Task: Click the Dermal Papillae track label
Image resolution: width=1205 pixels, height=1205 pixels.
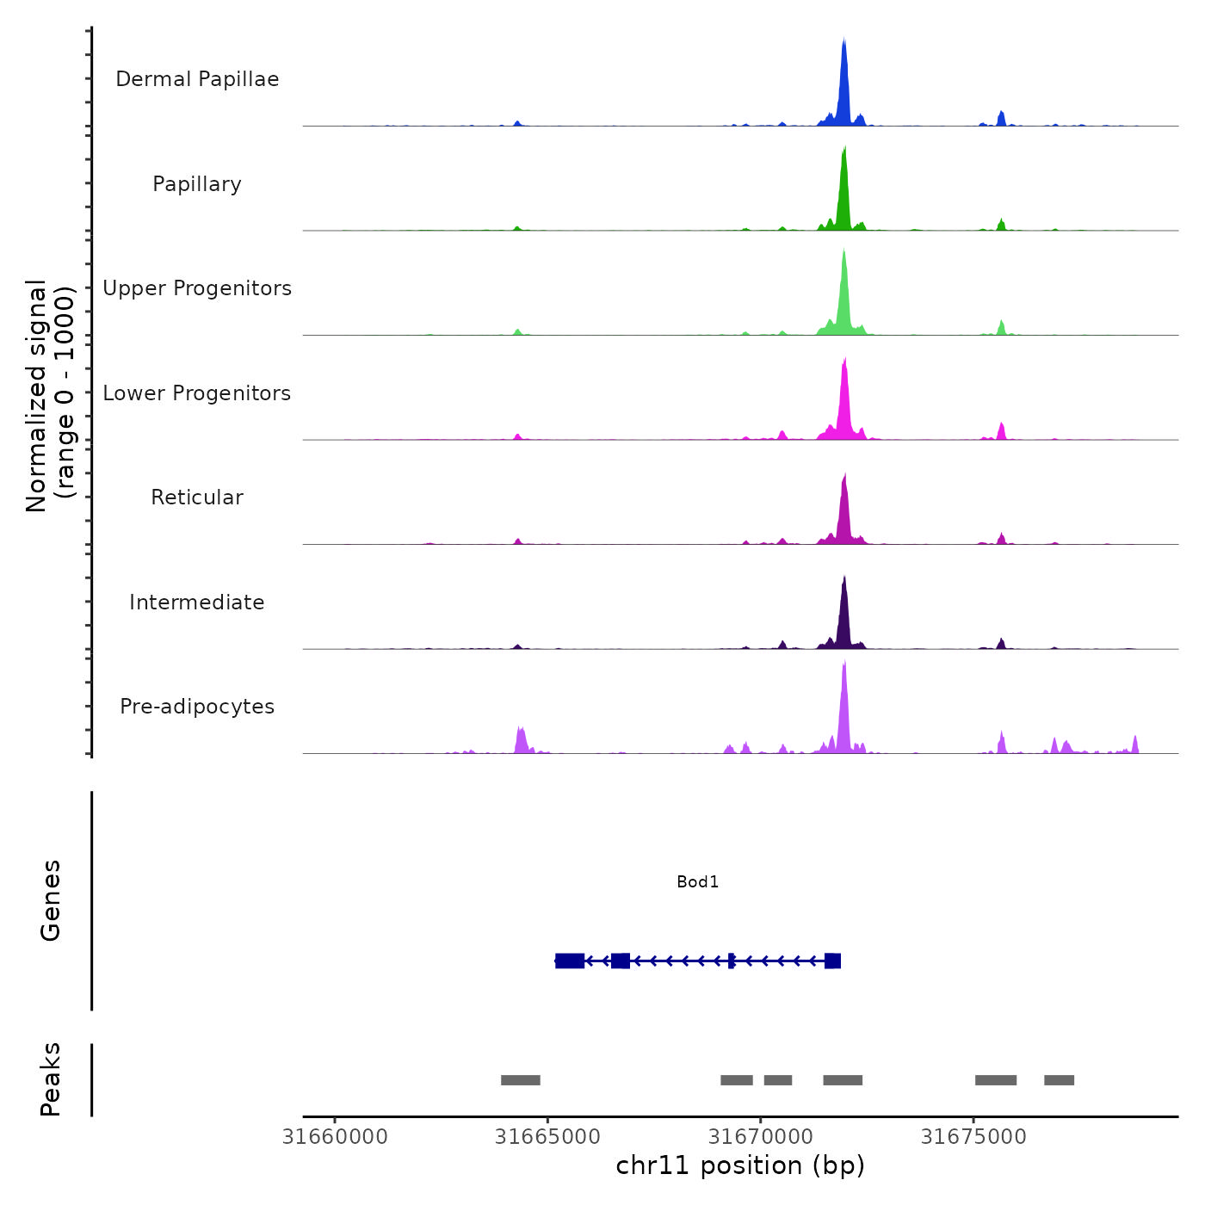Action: pos(197,79)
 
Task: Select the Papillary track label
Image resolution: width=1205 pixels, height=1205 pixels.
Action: pos(197,184)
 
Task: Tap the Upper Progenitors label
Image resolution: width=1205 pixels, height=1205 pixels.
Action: pos(197,288)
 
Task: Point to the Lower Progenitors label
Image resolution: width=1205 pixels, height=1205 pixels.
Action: pos(197,393)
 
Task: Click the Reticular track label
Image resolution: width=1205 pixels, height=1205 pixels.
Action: pos(197,497)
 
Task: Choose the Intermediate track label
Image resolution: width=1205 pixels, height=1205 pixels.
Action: pos(197,602)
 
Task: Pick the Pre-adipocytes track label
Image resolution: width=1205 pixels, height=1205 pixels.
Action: pos(197,707)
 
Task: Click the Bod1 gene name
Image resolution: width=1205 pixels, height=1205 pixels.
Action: pos(697,882)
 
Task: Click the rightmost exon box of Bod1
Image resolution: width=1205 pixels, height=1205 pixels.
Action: pos(832,961)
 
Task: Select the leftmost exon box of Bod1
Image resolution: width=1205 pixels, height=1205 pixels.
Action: pos(570,961)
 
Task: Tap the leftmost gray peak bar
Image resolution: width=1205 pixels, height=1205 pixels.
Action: pos(521,1080)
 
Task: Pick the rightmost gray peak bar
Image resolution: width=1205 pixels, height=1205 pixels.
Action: pos(1059,1080)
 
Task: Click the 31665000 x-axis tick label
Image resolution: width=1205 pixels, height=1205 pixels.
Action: pos(547,1137)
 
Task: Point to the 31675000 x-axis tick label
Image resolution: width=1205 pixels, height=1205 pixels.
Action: pos(973,1137)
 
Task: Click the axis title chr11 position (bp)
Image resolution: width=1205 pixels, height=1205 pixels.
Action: pos(740,1165)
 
